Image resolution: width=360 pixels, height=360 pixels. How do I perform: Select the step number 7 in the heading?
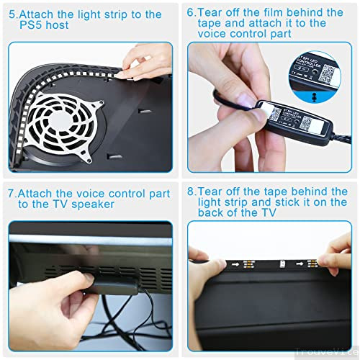(x=12, y=194)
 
